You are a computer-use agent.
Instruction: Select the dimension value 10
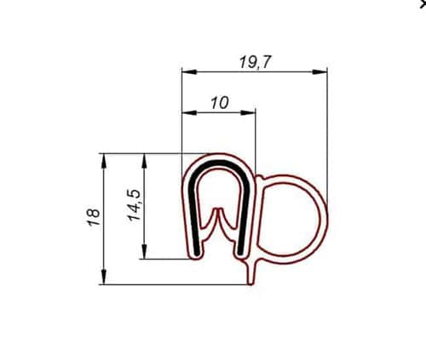[x=219, y=102]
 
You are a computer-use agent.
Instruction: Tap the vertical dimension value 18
[x=94, y=217]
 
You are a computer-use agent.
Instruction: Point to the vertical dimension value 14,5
[x=135, y=205]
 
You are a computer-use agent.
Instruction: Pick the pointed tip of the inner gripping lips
[x=219, y=209]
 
